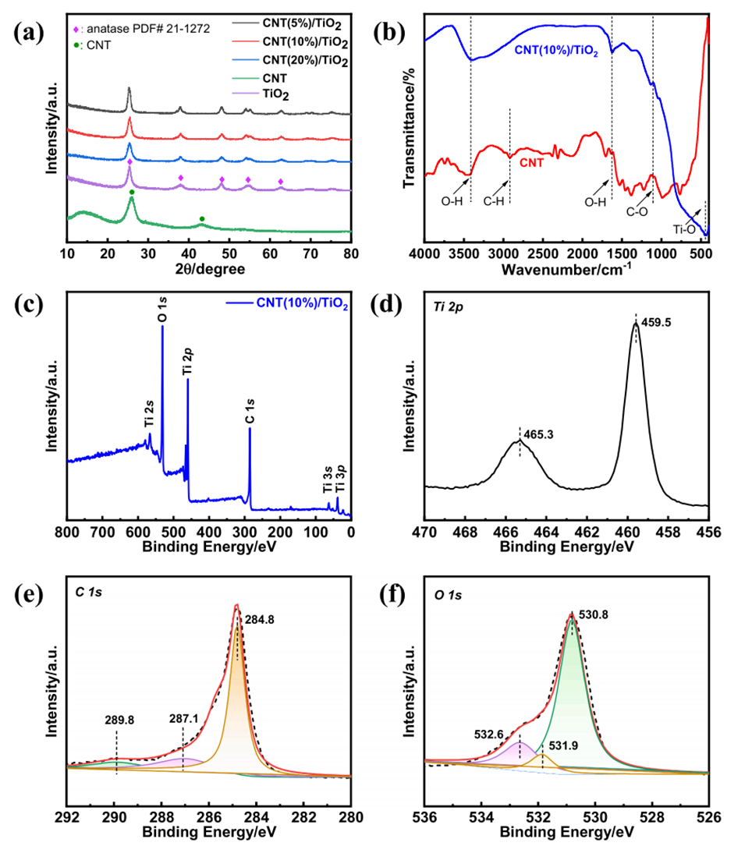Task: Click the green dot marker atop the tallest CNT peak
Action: point(132,192)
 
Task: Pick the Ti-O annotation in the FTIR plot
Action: point(686,229)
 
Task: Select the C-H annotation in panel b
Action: point(494,203)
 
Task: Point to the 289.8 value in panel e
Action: point(118,720)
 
